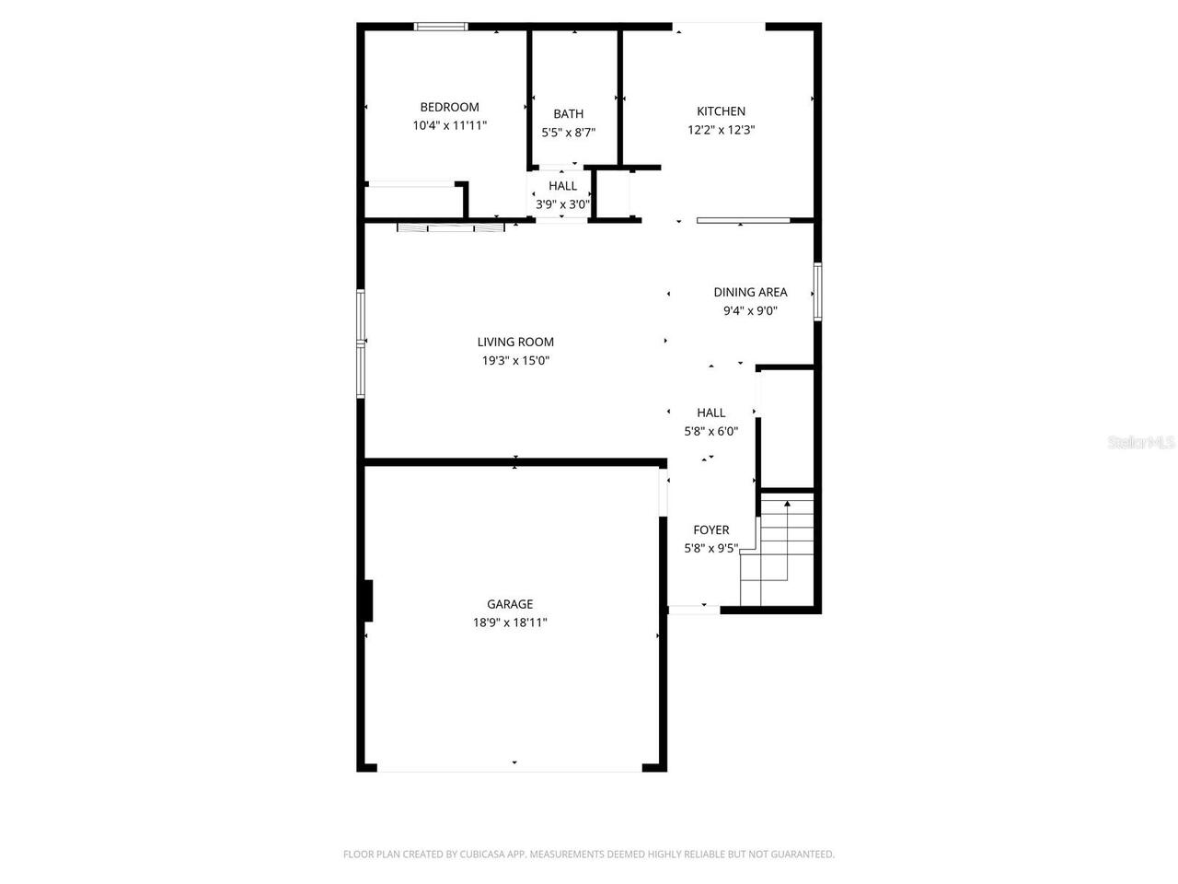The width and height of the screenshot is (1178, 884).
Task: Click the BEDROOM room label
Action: pyautogui.click(x=449, y=107)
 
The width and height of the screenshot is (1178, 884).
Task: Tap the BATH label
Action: pyautogui.click(x=568, y=114)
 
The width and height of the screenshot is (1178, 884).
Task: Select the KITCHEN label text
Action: pyautogui.click(x=721, y=111)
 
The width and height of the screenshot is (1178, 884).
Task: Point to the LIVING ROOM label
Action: pyautogui.click(x=515, y=343)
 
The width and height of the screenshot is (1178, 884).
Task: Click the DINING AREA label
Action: pyautogui.click(x=750, y=293)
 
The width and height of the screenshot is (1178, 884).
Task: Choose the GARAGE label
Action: pyautogui.click(x=510, y=604)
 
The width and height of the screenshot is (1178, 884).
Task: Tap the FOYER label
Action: pyautogui.click(x=710, y=530)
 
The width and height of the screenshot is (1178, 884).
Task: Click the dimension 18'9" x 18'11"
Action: pyautogui.click(x=510, y=623)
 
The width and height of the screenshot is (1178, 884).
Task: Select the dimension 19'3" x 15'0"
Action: pyautogui.click(x=515, y=361)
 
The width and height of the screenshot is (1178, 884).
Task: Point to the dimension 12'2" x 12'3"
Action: pyautogui.click(x=721, y=130)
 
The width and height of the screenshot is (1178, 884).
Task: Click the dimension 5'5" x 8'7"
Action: pyautogui.click(x=568, y=133)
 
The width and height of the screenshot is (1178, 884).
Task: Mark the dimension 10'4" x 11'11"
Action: pyautogui.click(x=449, y=125)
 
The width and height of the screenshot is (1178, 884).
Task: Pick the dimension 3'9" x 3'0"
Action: pyautogui.click(x=562, y=204)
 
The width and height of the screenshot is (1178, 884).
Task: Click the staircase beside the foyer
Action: pyautogui.click(x=780, y=552)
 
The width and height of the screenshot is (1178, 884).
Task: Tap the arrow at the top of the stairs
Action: pyautogui.click(x=787, y=504)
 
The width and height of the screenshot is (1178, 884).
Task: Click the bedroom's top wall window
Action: pyautogui.click(x=442, y=27)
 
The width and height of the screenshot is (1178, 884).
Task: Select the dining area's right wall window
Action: pyautogui.click(x=816, y=292)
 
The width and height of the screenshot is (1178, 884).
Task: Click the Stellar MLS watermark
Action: pyautogui.click(x=1141, y=443)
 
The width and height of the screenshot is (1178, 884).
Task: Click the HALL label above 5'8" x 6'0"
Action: pyautogui.click(x=710, y=413)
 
